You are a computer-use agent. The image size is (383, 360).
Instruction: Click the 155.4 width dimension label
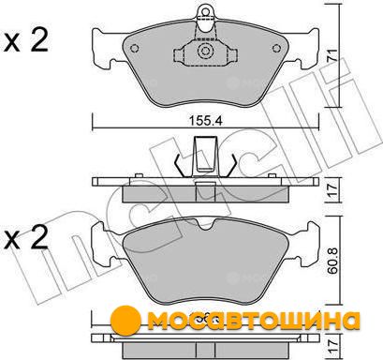tap(205, 121)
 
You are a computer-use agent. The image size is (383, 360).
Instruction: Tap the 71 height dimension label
tap(332, 55)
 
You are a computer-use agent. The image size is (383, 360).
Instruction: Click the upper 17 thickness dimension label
tap(332, 189)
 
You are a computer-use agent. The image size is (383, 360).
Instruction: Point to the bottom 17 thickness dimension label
tap(332, 347)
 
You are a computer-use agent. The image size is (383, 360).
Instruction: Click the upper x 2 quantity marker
tap(26, 40)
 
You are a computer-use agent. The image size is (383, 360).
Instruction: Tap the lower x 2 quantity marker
tap(26, 237)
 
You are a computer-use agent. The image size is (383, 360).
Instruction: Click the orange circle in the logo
tap(125, 322)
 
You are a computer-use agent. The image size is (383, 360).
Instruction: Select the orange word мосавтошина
tap(254, 321)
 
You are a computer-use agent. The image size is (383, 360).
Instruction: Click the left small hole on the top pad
tap(134, 49)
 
